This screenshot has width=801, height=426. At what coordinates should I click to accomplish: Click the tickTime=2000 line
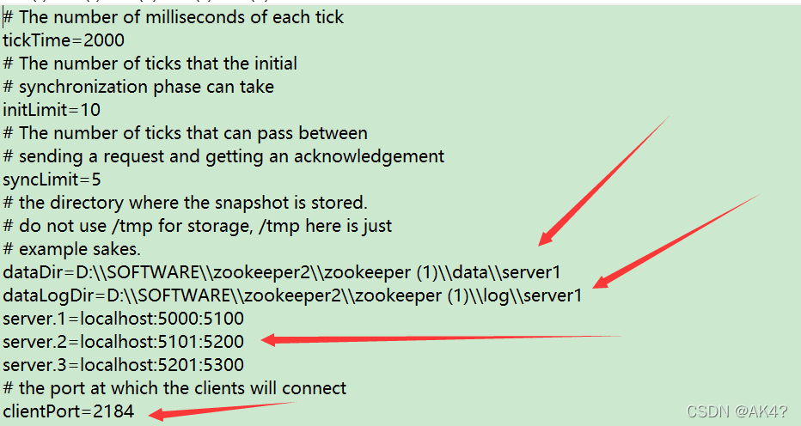(64, 40)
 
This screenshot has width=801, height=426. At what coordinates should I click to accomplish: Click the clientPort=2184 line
(69, 411)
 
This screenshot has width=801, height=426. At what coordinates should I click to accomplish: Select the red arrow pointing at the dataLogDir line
(679, 240)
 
